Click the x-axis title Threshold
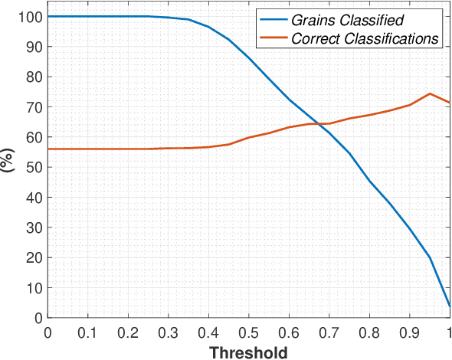tap(248, 352)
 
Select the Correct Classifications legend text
tap(365, 38)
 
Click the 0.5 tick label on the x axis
tap(248, 332)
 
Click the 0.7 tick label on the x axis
tap(329, 332)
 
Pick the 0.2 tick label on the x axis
tap(128, 332)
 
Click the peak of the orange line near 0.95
tap(429, 93)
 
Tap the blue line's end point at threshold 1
tap(449, 306)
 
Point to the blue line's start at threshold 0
tap(47, 16)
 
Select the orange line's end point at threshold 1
tap(449, 103)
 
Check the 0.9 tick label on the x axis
tap(409, 332)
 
